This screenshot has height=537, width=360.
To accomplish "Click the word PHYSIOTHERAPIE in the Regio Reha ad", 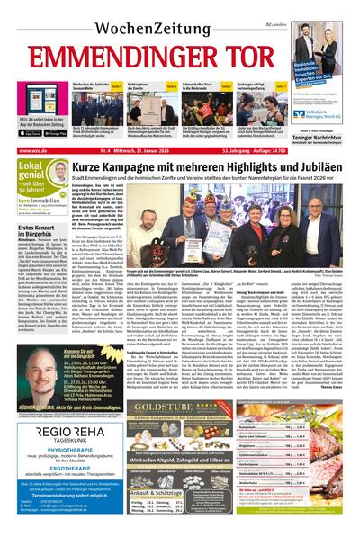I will click(54, 436).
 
